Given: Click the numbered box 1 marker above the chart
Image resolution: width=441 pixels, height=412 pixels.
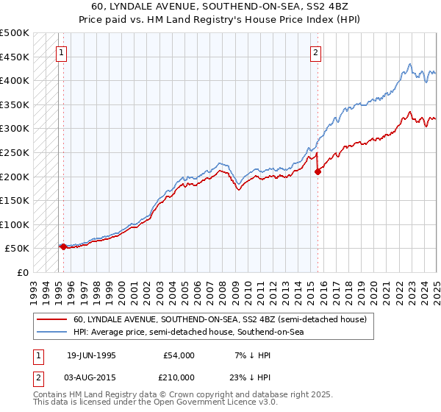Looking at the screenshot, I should (62, 51).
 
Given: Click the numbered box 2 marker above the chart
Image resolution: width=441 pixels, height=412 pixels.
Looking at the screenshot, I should (315, 51).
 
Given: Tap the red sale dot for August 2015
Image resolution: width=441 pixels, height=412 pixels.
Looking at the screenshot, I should (318, 171).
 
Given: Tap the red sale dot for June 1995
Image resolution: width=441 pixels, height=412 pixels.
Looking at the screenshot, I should (63, 246).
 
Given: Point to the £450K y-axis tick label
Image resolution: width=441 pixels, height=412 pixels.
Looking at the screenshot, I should (15, 57).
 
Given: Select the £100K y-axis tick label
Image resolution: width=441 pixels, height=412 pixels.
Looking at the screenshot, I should (15, 224).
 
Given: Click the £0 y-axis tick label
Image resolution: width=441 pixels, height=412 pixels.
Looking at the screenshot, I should (22, 272).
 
